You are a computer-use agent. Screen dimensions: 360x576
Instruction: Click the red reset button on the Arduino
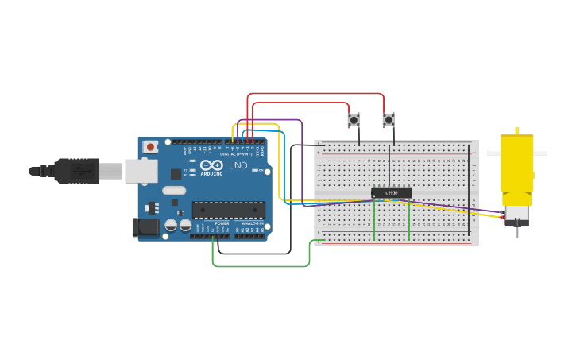tap(150, 147)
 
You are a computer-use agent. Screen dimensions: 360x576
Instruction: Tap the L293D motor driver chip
tap(391, 192)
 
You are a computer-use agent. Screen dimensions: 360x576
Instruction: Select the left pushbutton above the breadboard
tap(354, 120)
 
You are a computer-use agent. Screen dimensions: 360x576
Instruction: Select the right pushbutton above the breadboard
tap(388, 120)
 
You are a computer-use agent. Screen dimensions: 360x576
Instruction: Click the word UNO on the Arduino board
tap(238, 166)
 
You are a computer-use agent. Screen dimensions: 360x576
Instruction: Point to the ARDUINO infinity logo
tap(211, 165)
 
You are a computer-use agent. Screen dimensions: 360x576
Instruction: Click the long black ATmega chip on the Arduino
tap(228, 210)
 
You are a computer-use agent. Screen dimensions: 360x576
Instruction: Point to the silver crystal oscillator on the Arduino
tap(174, 191)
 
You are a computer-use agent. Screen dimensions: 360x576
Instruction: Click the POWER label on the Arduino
tap(222, 223)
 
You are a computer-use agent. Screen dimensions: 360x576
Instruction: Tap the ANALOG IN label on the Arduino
tap(253, 223)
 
